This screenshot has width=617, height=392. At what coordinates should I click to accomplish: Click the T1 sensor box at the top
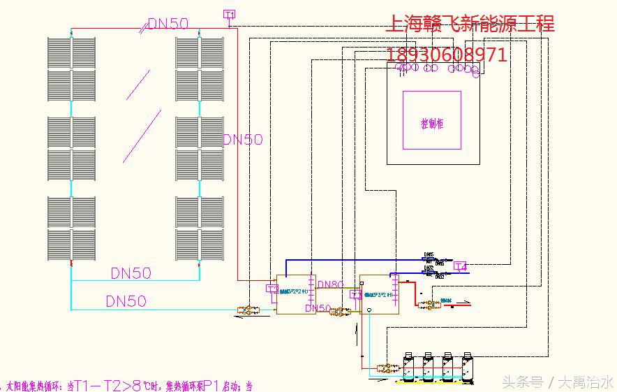tap(229, 14)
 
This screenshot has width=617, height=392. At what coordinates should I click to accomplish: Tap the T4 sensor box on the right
tap(460, 266)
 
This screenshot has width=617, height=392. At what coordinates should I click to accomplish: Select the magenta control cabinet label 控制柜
tap(432, 124)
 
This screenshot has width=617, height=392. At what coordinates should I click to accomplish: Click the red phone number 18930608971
tap(447, 55)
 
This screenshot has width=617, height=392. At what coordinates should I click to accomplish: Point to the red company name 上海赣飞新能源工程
tap(470, 24)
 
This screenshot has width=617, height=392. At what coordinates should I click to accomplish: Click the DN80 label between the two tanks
tap(330, 285)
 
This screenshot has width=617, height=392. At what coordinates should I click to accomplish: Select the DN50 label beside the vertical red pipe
tap(243, 140)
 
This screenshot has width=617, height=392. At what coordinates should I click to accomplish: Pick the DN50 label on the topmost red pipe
tap(168, 23)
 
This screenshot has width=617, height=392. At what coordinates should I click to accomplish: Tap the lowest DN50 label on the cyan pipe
tap(126, 301)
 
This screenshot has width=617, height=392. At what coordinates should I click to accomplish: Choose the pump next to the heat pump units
tap(382, 365)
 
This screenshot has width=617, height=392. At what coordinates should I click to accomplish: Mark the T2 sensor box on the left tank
tap(272, 287)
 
